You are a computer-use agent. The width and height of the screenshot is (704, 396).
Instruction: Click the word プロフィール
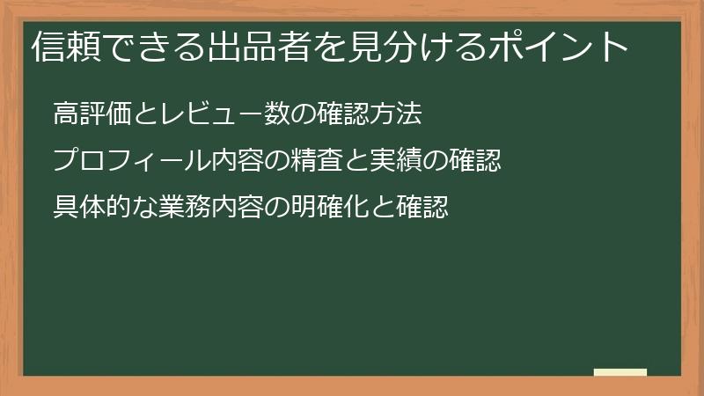point(124,161)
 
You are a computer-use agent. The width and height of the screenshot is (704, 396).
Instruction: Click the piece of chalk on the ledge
point(620,373)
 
